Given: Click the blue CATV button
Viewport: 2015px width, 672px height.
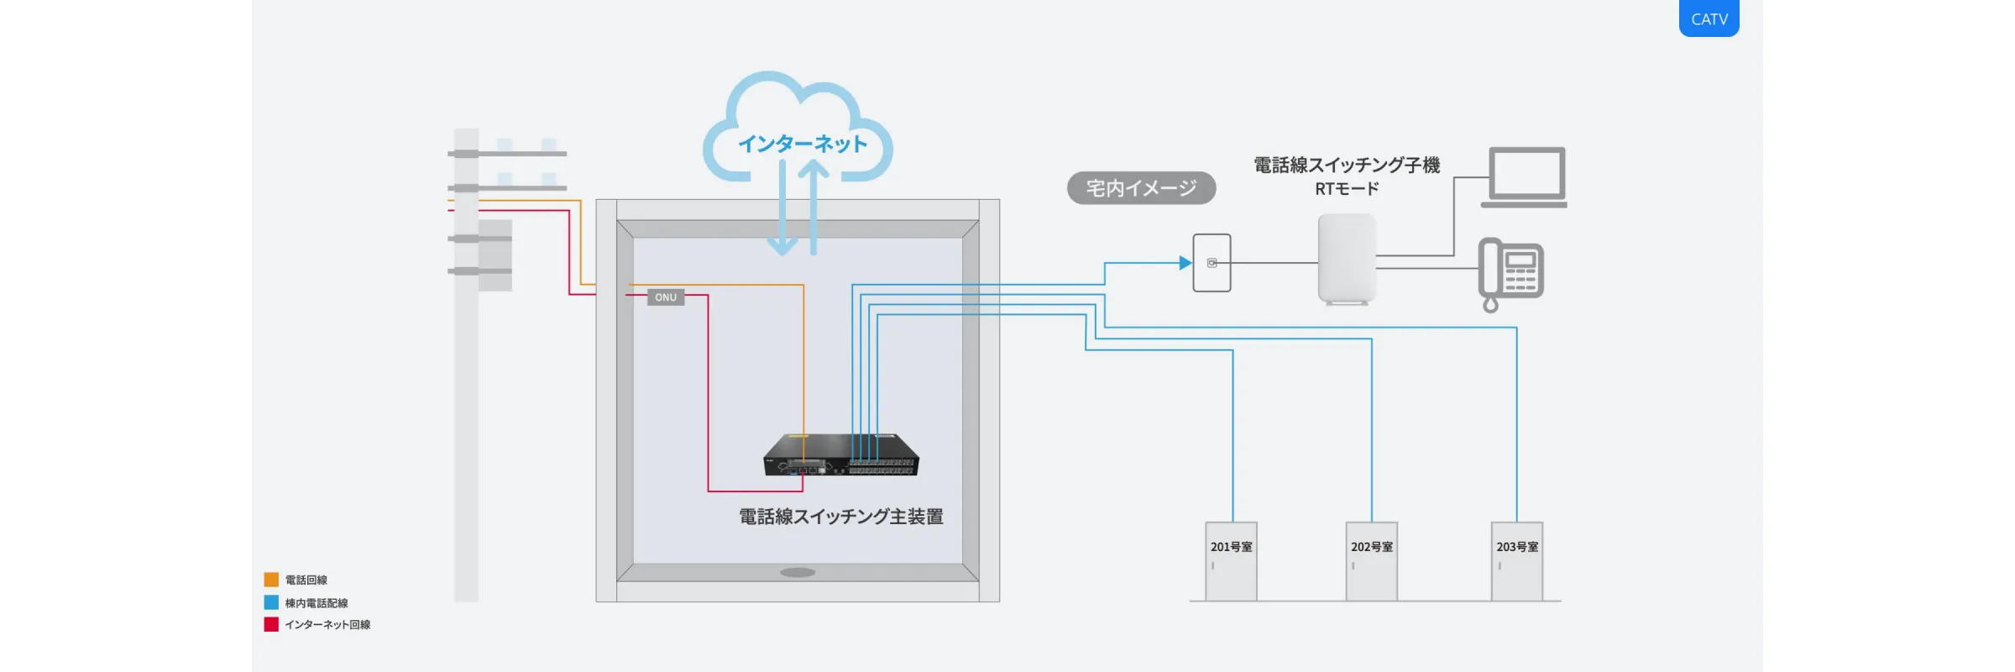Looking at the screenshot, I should [1709, 18].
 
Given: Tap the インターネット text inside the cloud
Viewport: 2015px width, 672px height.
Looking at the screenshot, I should [802, 144].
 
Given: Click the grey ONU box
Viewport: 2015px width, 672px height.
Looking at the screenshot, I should [666, 297].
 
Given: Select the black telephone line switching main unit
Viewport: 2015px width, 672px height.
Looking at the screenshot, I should [840, 456].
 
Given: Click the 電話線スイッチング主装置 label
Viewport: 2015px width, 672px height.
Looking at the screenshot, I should [840, 517].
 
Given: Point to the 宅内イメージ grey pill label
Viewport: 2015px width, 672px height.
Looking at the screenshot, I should [1141, 188].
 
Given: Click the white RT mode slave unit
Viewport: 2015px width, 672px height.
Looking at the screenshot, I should [1347, 259].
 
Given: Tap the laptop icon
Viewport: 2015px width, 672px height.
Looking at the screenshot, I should [1525, 177].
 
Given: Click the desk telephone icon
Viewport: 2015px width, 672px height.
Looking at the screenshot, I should [1511, 271].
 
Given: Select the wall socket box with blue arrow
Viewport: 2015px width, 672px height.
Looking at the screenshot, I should [1212, 263].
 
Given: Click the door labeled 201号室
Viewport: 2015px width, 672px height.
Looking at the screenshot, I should [1231, 561].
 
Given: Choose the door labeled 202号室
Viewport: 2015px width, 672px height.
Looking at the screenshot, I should [1371, 561].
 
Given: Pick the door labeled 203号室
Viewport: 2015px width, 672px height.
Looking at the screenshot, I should [1516, 561].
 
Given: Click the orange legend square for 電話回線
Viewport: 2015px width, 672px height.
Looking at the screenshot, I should [271, 580].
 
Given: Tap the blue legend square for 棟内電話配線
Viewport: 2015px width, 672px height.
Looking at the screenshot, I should [271, 602].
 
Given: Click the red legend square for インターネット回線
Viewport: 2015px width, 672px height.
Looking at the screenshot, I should [271, 624].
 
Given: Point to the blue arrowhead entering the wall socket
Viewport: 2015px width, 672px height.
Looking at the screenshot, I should [1185, 263].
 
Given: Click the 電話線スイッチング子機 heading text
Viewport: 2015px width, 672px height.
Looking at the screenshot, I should [1347, 165].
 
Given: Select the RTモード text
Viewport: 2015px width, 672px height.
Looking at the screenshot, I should [1347, 189].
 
